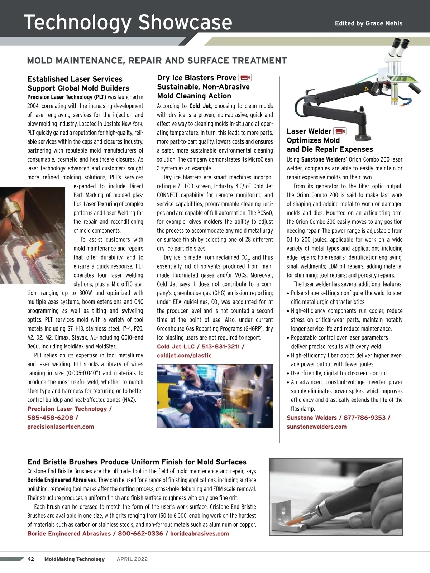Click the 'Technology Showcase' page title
tap(128, 22)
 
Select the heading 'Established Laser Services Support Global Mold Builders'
tap(78, 83)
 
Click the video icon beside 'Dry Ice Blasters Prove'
tap(245, 78)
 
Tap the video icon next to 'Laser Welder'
tap(339, 131)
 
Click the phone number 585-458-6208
tap(50, 418)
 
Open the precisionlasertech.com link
tap(61, 427)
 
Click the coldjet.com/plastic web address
tap(184, 355)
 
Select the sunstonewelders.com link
tap(316, 427)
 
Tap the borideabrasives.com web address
tap(199, 533)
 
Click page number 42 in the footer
tap(31, 559)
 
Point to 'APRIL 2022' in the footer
tap(132, 559)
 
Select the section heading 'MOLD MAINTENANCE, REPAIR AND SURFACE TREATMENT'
tap(157, 61)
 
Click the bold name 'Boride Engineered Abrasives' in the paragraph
tap(61, 480)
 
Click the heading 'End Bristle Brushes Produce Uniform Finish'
tap(137, 462)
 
